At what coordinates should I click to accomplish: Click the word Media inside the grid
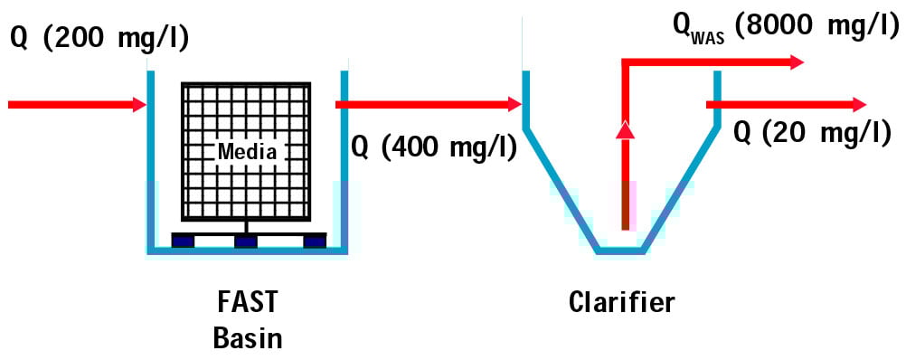[246, 151]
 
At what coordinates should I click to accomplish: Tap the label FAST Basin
[247, 320]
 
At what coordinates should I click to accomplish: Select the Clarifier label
[621, 302]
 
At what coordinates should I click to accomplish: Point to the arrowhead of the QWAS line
[795, 62]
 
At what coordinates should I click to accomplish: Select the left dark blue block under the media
[183, 241]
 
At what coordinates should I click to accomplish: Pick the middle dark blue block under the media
[246, 241]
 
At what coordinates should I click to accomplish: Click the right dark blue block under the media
[314, 241]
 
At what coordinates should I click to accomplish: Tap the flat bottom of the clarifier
[620, 251]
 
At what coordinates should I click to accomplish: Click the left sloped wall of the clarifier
[561, 190]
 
